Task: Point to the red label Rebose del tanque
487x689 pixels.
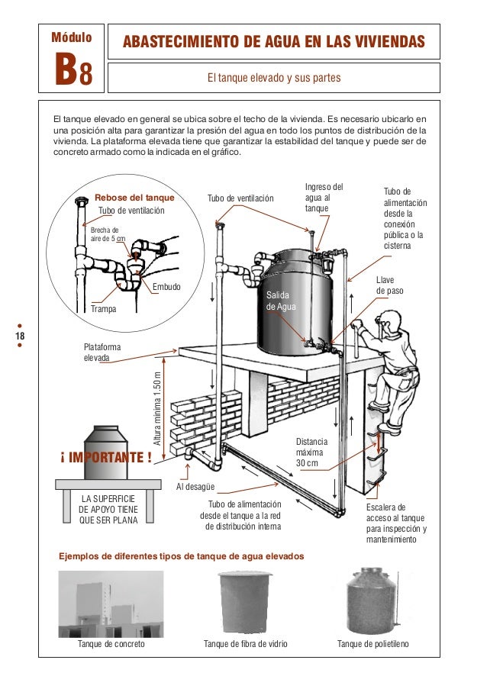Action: click(134, 198)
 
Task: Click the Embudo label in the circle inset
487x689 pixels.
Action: click(166, 288)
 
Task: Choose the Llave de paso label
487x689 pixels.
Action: click(389, 286)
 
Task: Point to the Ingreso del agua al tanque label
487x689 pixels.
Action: click(324, 198)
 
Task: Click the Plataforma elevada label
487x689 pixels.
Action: click(102, 352)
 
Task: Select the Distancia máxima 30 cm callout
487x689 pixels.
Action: click(311, 452)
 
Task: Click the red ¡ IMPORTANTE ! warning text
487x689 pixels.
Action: click(105, 458)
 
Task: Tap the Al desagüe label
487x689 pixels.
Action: click(195, 486)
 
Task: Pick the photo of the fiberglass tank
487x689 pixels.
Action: click(245, 602)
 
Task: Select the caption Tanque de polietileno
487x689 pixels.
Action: click(373, 644)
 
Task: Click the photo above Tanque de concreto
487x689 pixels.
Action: click(111, 603)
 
